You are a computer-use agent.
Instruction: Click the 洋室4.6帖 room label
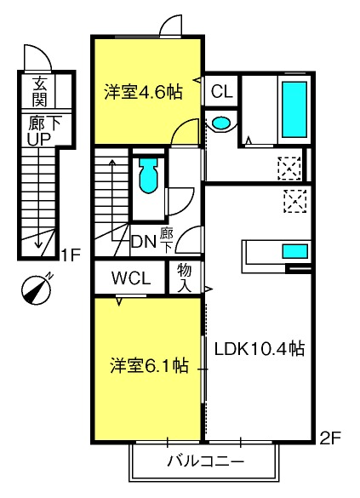(143, 92)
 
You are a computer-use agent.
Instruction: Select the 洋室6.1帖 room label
(149, 365)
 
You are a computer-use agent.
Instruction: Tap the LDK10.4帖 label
(260, 349)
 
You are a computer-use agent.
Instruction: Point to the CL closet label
(222, 92)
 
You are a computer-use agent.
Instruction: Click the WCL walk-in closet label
(131, 278)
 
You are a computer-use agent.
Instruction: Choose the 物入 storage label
(185, 278)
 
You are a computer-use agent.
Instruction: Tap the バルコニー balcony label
(206, 461)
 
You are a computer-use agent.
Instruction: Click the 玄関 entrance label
(40, 91)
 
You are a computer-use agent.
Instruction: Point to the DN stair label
(144, 243)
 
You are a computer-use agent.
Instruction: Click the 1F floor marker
(71, 255)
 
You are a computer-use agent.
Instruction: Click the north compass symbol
(37, 289)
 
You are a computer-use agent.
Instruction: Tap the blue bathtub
(294, 110)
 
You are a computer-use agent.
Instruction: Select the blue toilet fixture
(148, 175)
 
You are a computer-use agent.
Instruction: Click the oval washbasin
(221, 123)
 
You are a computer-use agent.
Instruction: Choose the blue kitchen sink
(295, 251)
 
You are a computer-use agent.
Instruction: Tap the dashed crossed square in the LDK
(295, 201)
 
